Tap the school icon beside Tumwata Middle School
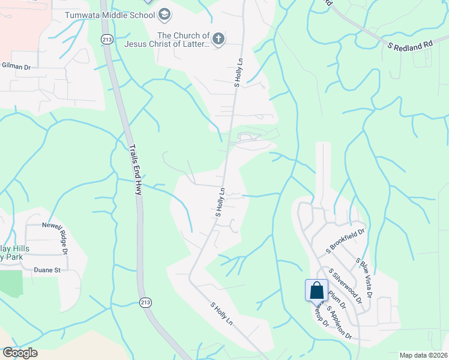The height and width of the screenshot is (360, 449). pyautogui.click(x=165, y=14)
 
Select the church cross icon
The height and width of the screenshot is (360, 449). pyautogui.click(x=218, y=40)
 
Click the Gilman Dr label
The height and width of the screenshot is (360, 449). pyautogui.click(x=16, y=66)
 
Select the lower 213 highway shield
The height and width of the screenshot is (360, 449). pyautogui.click(x=145, y=301)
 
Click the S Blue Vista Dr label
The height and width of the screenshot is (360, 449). pyautogui.click(x=364, y=278)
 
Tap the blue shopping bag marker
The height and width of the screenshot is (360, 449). pyautogui.click(x=316, y=291)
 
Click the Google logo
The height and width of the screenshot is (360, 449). pyautogui.click(x=20, y=353)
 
